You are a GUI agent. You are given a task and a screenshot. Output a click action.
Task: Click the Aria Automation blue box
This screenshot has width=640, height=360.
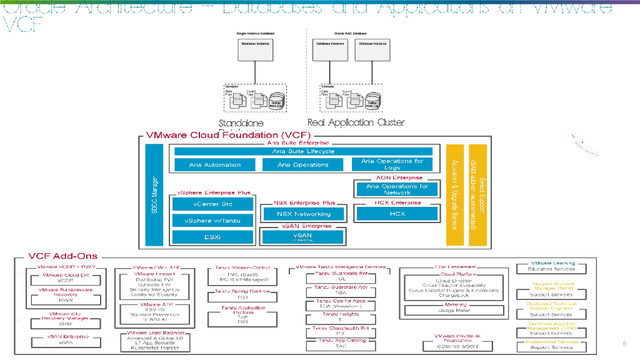tap(214, 165)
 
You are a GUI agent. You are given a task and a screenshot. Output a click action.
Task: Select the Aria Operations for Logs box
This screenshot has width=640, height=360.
tap(392, 164)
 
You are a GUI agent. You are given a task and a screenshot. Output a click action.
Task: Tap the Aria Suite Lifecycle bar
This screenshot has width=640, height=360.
tap(303, 151)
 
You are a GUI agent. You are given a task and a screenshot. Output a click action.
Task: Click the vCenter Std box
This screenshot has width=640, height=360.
tap(213, 204)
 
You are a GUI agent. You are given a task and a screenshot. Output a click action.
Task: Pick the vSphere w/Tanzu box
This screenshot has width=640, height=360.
tap(213, 221)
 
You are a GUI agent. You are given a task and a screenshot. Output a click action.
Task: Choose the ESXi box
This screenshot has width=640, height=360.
tap(212, 237)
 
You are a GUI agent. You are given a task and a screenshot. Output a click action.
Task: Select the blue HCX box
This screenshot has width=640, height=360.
tap(397, 214)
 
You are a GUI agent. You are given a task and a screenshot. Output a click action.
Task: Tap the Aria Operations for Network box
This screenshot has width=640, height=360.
tap(397, 189)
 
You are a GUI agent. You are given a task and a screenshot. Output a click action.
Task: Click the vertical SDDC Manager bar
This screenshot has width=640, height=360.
tap(154, 195)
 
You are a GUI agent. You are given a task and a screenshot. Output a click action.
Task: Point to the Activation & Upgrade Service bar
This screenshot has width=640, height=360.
tap(454, 195)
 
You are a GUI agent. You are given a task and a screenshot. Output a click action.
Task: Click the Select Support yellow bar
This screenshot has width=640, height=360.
tap(477, 195)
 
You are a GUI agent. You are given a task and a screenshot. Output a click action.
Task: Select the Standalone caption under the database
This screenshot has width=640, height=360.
tap(241, 123)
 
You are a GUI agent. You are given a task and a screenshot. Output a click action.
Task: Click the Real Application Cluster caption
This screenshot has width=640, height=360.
tap(356, 122)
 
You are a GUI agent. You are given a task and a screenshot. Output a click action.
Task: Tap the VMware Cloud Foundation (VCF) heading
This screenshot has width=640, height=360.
tap(229, 135)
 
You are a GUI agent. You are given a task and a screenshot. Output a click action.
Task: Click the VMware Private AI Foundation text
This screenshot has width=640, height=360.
tap(457, 338)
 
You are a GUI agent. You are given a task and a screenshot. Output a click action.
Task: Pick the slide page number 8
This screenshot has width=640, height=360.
tap(624, 344)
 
